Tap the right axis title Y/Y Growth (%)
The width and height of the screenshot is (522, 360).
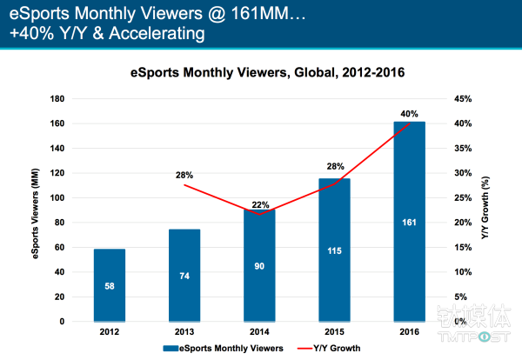(x=489, y=210)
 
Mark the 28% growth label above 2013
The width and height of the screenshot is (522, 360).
(x=184, y=175)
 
